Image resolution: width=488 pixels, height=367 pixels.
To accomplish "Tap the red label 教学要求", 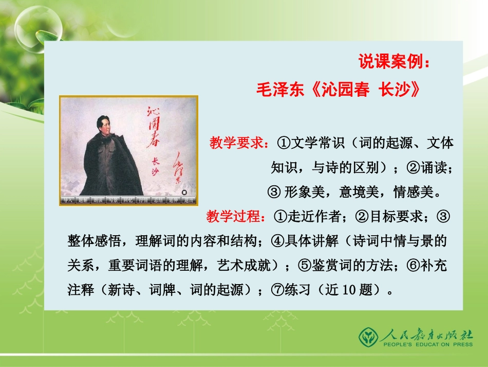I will (238, 143).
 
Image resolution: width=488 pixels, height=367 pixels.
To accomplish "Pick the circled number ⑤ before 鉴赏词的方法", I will (305, 266).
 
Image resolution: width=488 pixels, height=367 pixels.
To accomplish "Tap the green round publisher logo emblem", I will (367, 337).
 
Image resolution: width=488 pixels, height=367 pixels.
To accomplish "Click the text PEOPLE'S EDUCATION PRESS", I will (426, 347).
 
